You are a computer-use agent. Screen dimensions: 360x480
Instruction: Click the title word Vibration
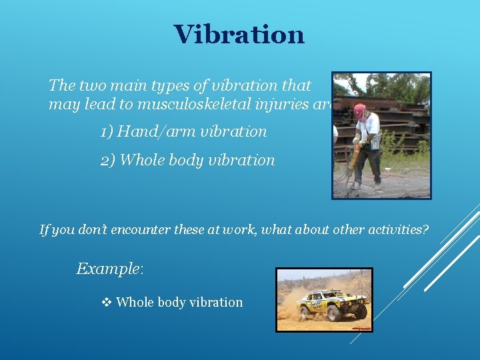239,35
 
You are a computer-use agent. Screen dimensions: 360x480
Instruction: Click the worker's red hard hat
360,110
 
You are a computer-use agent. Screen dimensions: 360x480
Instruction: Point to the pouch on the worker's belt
375,142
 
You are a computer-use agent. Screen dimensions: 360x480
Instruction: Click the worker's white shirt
368,126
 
